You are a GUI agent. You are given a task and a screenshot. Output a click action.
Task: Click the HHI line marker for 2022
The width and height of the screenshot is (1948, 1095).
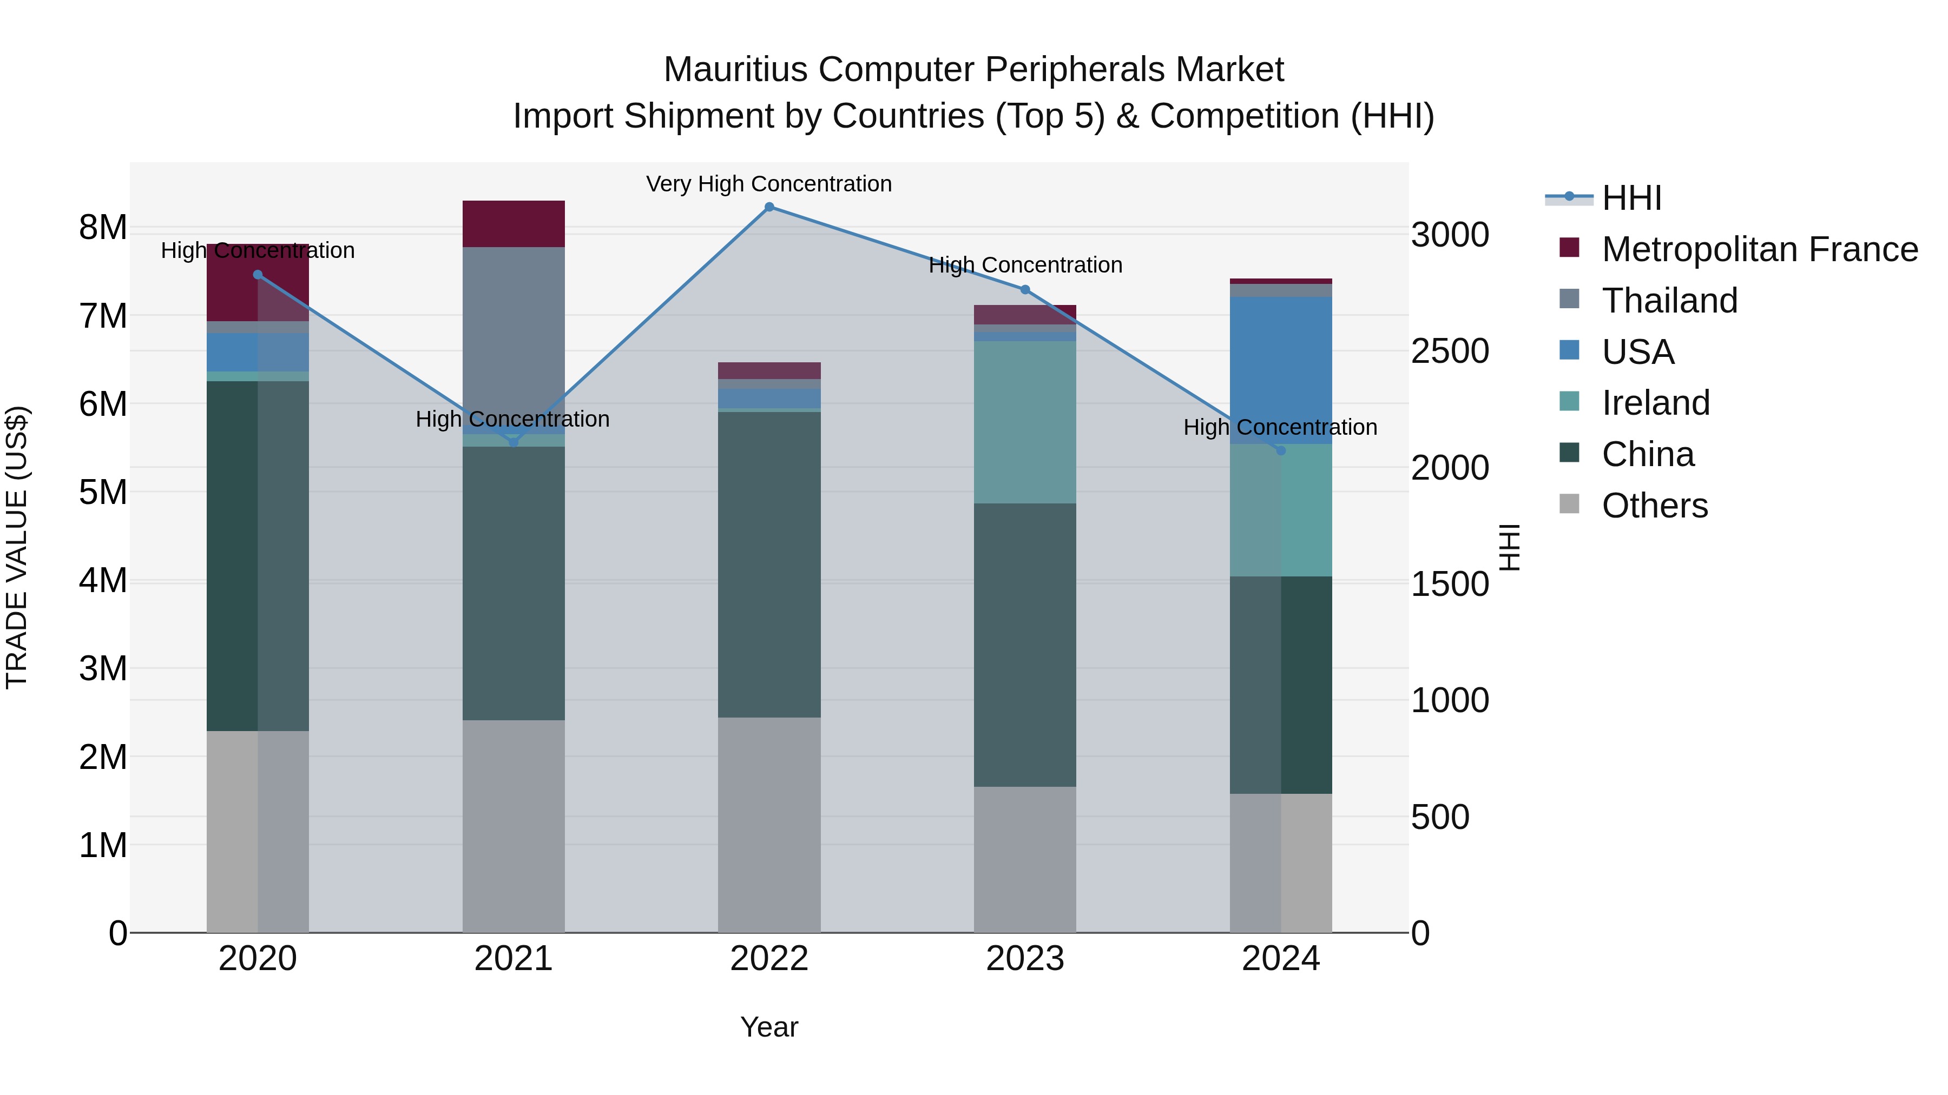[x=769, y=207]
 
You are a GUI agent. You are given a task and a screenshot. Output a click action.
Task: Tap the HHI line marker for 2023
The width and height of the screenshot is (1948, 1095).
[x=1025, y=289]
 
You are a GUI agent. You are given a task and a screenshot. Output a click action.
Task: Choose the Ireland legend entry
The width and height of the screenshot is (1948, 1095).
[x=1655, y=403]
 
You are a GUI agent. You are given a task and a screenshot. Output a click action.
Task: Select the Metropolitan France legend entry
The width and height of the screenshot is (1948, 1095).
[x=1759, y=249]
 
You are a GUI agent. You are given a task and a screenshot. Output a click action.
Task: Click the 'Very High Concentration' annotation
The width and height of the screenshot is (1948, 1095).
[x=769, y=184]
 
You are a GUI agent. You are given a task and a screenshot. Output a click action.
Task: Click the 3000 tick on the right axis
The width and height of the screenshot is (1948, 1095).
[x=1450, y=235]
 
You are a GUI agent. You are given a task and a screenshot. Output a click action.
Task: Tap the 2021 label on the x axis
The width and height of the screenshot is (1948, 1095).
[x=514, y=959]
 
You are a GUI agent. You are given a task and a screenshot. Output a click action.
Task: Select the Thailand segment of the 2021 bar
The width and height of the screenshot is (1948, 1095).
[x=514, y=333]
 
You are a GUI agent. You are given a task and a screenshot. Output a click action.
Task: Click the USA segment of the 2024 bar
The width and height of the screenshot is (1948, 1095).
[x=1281, y=370]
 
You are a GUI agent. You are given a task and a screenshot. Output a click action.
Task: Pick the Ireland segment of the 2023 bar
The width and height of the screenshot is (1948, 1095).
[x=1025, y=422]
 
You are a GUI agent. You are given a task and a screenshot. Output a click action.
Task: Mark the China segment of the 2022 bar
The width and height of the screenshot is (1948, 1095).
[x=769, y=565]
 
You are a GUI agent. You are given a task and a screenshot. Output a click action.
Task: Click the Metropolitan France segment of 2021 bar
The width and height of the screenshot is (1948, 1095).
[x=514, y=224]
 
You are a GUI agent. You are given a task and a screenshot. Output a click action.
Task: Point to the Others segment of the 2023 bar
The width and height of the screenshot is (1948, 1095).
[x=1025, y=859]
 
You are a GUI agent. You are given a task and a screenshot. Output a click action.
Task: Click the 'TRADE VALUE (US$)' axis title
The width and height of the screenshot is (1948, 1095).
[x=17, y=548]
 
